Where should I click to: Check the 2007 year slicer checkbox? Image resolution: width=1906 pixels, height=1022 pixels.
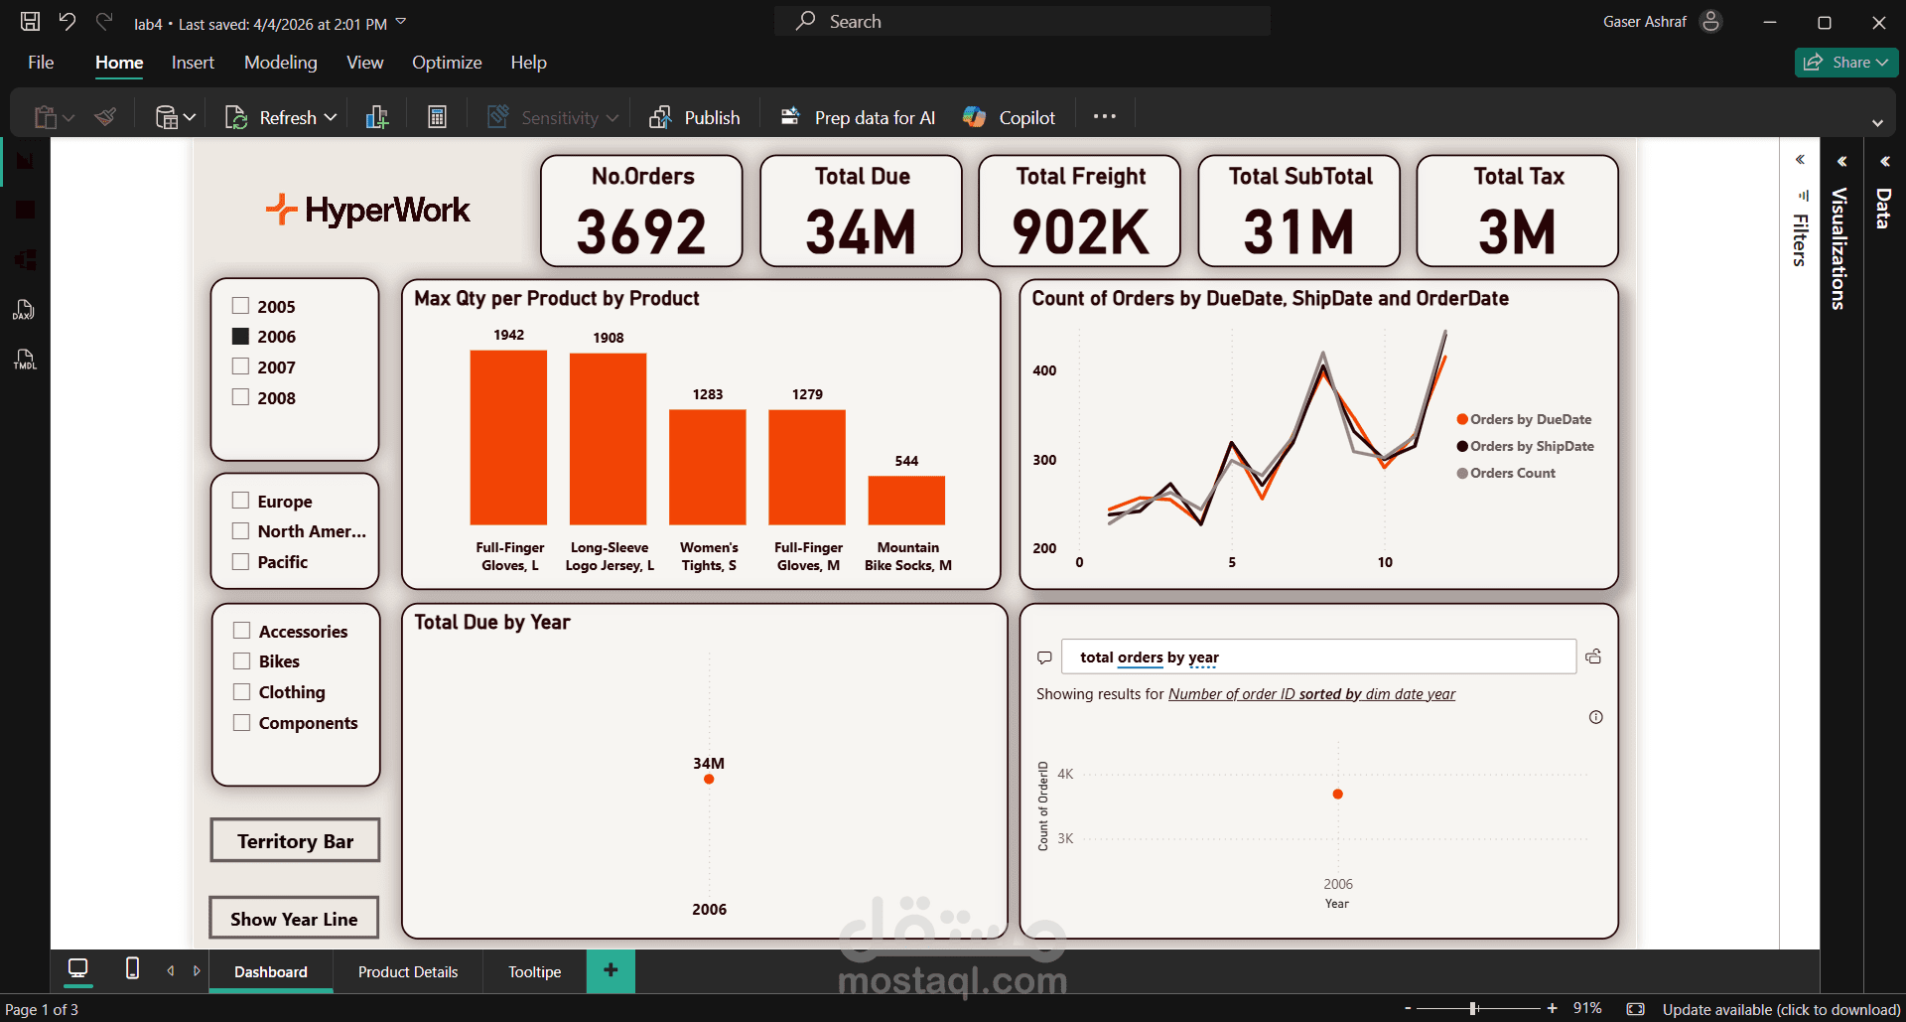point(240,366)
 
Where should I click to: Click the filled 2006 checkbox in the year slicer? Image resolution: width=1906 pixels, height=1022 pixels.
point(240,336)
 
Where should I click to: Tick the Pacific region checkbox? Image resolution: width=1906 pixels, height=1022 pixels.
point(240,561)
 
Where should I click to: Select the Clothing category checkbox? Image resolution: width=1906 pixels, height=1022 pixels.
point(241,691)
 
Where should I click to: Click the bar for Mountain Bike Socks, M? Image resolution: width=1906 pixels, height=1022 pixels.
point(906,501)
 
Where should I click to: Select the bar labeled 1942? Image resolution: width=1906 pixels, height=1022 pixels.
point(508,437)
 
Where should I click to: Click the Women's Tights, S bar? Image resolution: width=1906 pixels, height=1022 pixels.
point(708,467)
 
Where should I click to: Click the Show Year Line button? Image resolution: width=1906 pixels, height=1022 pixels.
point(294,918)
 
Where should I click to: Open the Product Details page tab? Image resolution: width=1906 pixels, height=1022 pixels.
point(408,971)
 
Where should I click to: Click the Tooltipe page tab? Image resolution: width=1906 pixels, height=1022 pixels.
point(534,971)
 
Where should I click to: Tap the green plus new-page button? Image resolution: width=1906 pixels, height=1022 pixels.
point(611,970)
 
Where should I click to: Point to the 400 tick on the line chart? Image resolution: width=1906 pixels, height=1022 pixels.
point(1044,370)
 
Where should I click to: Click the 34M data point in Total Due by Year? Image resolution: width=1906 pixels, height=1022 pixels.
point(709,779)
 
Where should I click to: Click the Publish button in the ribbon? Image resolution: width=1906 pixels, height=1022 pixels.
point(695,117)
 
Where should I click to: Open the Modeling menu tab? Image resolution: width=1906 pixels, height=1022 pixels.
point(281,63)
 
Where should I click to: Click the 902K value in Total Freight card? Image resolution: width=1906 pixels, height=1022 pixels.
point(1080,232)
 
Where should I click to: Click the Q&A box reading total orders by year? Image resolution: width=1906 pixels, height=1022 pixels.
point(1318,657)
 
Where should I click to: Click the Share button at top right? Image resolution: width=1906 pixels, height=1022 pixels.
point(1845,62)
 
